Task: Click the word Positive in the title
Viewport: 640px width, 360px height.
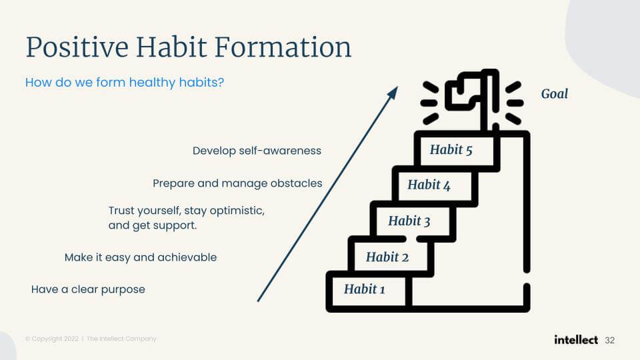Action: (77, 48)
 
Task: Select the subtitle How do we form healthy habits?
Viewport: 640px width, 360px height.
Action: (125, 83)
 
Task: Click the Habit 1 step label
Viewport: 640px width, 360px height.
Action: (365, 289)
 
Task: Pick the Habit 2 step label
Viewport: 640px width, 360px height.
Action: (387, 257)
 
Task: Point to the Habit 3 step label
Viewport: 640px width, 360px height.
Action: (409, 221)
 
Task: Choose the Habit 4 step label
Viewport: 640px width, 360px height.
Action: (429, 185)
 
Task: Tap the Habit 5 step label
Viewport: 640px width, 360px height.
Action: (451, 150)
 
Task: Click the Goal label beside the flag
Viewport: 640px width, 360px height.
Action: (554, 94)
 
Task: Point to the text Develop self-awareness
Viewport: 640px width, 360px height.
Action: (257, 151)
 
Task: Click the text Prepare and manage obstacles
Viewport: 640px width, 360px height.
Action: (237, 184)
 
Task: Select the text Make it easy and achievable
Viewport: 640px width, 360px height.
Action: (141, 257)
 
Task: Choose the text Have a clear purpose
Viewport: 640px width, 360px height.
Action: (88, 289)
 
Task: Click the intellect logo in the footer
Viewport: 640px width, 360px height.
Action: (576, 339)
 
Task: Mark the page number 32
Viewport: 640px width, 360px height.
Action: (610, 341)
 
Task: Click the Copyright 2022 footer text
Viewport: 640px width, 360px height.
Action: (52, 339)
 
